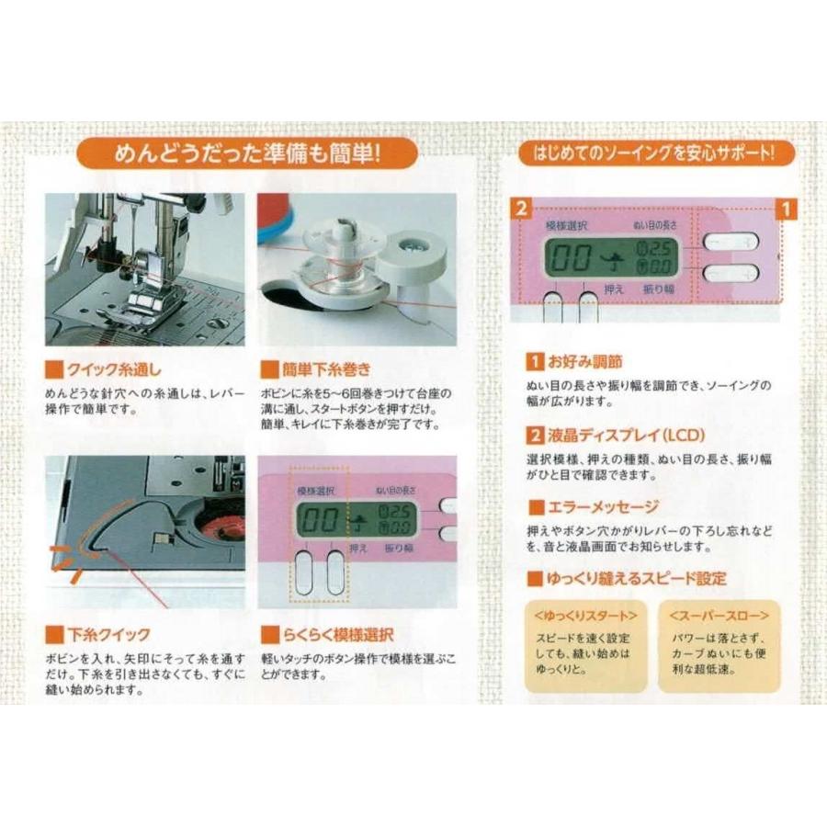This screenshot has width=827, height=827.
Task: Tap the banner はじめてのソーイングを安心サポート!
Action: [655, 153]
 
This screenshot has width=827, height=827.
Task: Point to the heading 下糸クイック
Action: [108, 635]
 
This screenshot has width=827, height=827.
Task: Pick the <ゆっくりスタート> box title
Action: [583, 614]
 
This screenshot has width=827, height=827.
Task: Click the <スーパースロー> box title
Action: [719, 614]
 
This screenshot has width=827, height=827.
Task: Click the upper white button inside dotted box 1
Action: [731, 242]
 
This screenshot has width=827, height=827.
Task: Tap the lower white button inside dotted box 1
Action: [731, 273]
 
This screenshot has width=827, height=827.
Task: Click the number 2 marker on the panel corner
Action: [521, 208]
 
